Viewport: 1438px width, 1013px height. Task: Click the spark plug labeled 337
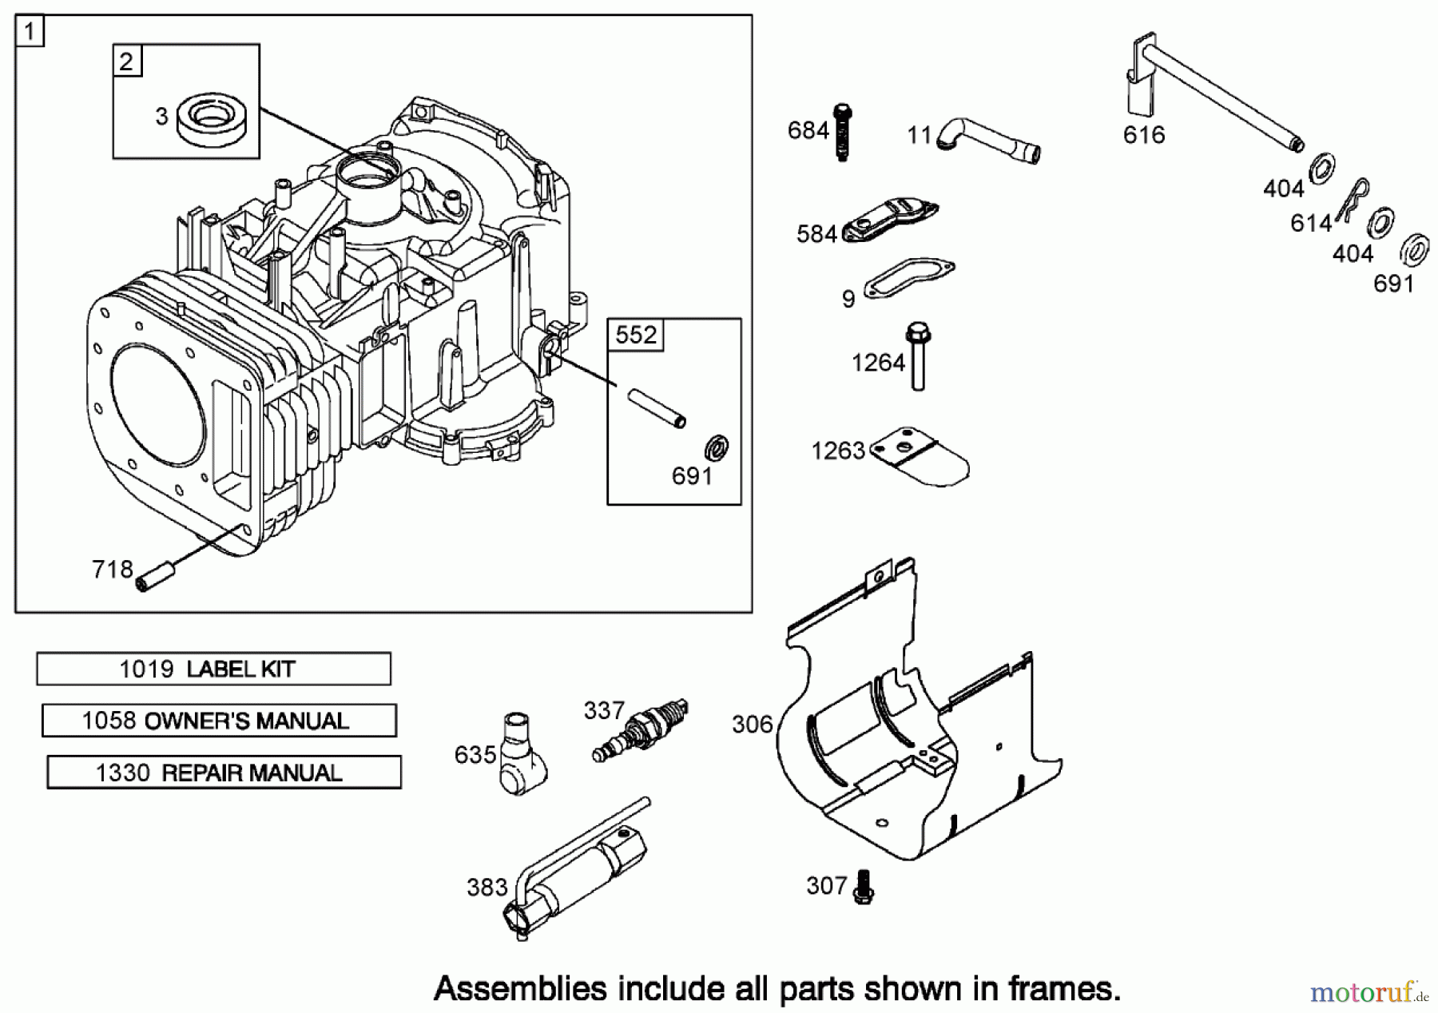(x=642, y=729)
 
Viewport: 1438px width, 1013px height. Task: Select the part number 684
(x=808, y=130)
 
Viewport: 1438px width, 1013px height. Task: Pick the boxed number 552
(x=636, y=335)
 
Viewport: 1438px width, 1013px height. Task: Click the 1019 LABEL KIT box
(x=213, y=669)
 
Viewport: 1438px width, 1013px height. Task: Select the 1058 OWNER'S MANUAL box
(x=219, y=721)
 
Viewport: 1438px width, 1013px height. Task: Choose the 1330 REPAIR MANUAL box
(x=224, y=773)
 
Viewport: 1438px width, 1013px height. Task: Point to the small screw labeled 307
(x=864, y=888)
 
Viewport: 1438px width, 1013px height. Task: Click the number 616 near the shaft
(x=1143, y=135)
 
